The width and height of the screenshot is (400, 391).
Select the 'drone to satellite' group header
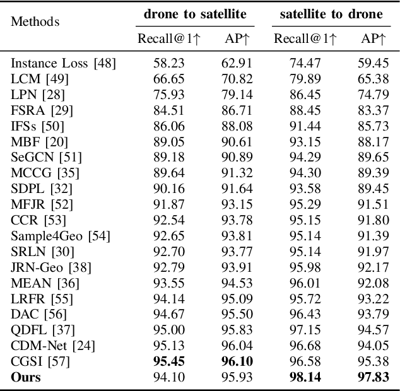pos(194,13)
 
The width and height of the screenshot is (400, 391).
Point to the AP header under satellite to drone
pos(373,40)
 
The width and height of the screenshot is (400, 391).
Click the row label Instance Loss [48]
pos(63,64)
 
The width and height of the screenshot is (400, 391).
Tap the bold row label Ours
pos(26,377)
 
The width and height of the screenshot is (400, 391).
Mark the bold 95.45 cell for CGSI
pos(167,361)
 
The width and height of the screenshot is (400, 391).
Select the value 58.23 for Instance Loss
pos(167,64)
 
